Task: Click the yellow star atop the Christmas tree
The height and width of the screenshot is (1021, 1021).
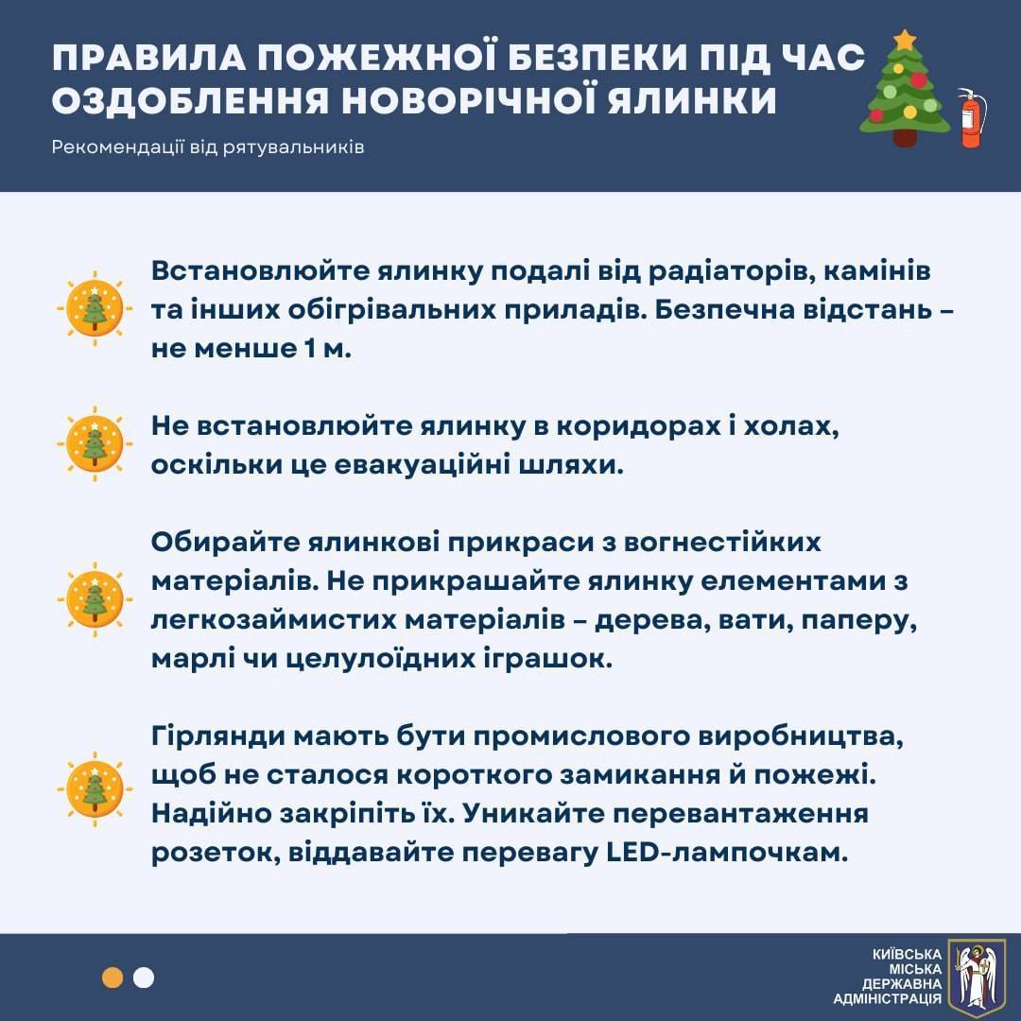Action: pos(904,41)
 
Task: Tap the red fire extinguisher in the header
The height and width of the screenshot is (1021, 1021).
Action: pos(971,118)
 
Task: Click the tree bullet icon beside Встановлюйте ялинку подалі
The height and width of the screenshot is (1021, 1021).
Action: pos(95,308)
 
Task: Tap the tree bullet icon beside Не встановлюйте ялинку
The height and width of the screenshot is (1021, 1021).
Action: pos(95,444)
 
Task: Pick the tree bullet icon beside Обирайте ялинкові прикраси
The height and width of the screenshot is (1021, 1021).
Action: pos(95,599)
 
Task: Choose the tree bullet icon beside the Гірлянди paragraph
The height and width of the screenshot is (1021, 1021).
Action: pos(95,789)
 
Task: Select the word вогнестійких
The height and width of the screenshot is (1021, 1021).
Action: pos(722,543)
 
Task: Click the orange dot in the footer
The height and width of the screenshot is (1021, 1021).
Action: pos(112,978)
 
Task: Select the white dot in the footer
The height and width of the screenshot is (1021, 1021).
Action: pos(144,978)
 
